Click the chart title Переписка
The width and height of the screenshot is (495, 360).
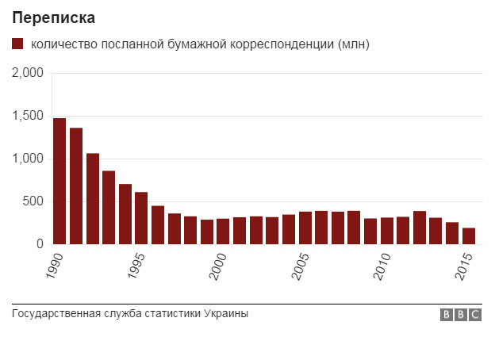point(53,17)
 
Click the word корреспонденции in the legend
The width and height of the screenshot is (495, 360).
point(279,45)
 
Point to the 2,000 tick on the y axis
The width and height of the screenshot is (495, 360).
point(28,74)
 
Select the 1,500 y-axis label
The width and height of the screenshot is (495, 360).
point(28,117)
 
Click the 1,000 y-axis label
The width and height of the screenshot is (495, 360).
point(28,159)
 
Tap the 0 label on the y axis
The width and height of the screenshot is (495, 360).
point(40,245)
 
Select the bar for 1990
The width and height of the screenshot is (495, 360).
point(59,182)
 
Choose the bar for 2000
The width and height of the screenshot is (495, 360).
point(223,232)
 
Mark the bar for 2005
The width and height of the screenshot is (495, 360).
point(305,228)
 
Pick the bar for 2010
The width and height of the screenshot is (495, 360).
point(386,231)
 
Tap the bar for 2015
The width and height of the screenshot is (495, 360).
point(468,236)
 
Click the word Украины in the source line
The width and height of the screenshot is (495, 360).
point(226,313)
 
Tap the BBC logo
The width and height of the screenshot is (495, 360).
point(461,315)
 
